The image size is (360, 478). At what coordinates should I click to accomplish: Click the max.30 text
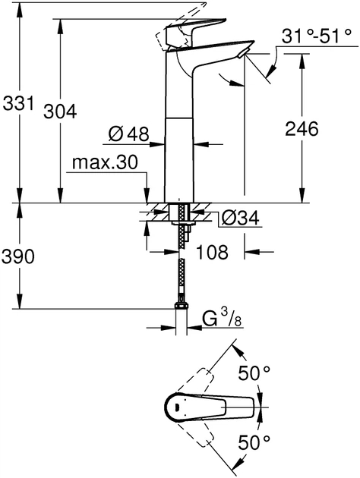(106, 163)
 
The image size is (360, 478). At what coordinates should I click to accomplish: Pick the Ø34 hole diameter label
(240, 219)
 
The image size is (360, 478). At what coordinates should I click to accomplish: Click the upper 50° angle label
(254, 373)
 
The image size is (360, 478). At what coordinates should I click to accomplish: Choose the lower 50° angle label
(254, 442)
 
